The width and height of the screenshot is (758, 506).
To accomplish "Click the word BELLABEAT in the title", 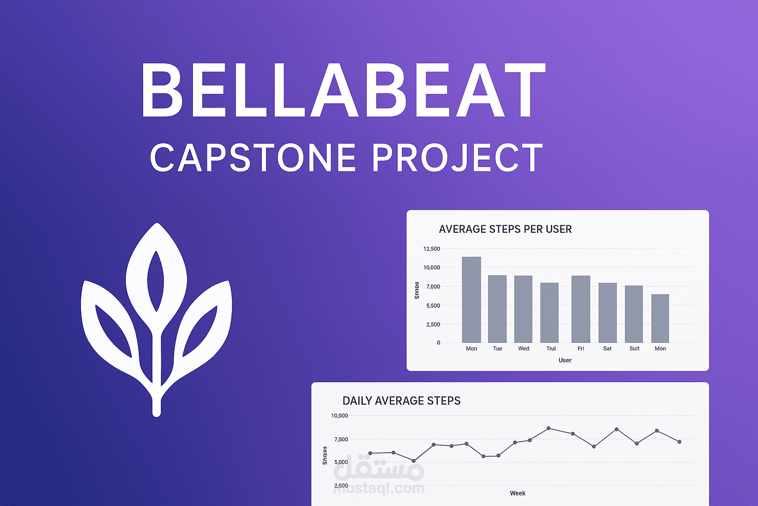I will [x=343, y=90].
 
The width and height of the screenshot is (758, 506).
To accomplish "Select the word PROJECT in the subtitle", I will [x=457, y=158].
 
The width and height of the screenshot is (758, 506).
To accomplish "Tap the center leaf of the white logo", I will [x=156, y=267].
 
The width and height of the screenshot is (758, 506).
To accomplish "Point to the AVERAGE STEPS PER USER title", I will [x=505, y=229].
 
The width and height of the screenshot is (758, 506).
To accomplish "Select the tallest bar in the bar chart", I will [x=471, y=299].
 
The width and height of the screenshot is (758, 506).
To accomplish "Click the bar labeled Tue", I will [x=497, y=309].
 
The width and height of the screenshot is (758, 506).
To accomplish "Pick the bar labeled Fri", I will [x=581, y=309].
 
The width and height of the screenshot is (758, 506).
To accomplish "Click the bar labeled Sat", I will [x=607, y=312].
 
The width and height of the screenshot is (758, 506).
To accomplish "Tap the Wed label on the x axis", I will [x=524, y=348].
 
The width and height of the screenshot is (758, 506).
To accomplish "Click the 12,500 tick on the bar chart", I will [x=431, y=249].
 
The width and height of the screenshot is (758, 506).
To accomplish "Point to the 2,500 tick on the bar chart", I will [x=433, y=324].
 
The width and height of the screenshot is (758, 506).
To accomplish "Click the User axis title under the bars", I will [x=565, y=360].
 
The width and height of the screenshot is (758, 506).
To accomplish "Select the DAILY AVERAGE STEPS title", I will [x=401, y=401].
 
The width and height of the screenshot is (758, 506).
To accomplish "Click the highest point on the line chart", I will [x=549, y=428].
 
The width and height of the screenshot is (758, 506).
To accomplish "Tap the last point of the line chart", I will [x=680, y=442].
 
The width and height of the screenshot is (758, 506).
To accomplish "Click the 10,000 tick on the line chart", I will [x=340, y=416].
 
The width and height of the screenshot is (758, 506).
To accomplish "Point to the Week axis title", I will [x=517, y=493].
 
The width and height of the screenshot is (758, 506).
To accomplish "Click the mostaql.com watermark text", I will [x=379, y=488].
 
